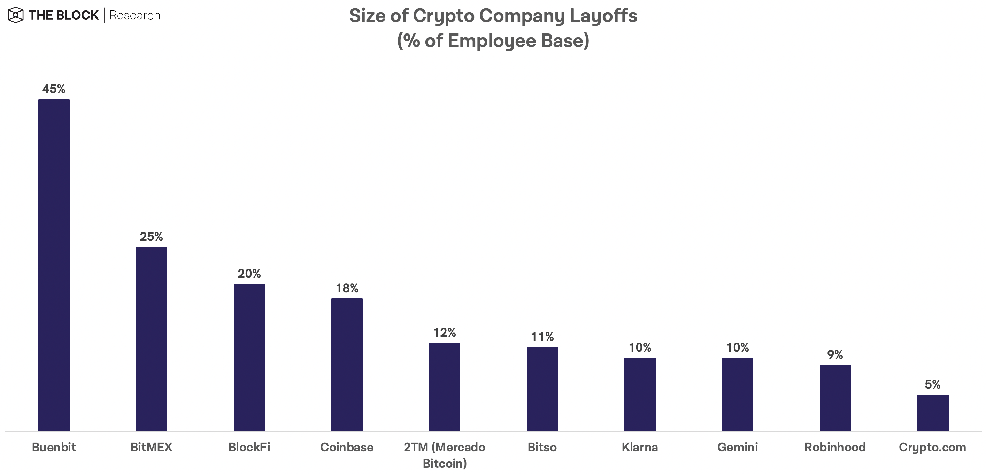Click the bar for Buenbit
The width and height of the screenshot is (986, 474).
pos(54,265)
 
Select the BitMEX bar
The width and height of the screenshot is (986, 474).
pos(152,339)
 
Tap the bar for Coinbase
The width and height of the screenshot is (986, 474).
pos(347,365)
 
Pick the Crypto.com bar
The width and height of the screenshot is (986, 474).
pos(933,413)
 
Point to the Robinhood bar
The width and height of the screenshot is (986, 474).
pos(835,398)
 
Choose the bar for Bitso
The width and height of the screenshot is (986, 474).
pos(542,389)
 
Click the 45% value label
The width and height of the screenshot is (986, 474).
pos(54,89)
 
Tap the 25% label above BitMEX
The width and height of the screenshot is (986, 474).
pos(151,237)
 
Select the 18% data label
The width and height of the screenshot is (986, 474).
pos(347,288)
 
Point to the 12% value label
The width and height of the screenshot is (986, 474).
pos(444,332)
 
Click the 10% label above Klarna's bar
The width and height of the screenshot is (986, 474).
pos(640,347)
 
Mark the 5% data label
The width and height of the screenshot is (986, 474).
pos(933,384)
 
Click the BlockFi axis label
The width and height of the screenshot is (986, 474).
pos(249,447)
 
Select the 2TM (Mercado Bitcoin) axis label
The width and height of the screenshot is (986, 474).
pos(444,455)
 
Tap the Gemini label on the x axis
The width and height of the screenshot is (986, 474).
pos(738,447)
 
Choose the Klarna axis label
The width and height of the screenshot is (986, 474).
pos(640,447)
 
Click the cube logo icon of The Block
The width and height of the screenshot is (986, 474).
pos(16,15)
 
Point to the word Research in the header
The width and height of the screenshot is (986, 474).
pos(135,15)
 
